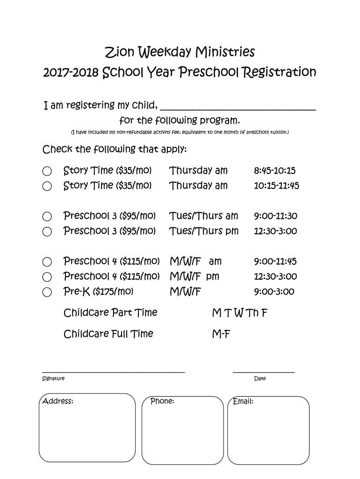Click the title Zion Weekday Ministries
coord(180,51)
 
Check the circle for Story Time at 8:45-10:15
coord(47,171)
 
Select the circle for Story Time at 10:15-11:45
coord(47,186)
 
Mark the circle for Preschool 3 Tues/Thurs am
coord(47,217)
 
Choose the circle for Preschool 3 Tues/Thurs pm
coord(47,232)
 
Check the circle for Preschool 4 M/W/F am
coord(47,262)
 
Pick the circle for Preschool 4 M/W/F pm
coord(47,277)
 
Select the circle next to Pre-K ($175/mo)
coord(47,292)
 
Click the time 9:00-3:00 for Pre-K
coord(274,292)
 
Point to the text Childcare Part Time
coord(110,312)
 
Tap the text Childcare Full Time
coord(108,334)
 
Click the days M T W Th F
coord(239,312)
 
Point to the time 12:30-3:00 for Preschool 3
coord(275,231)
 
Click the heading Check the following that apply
coord(115,150)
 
